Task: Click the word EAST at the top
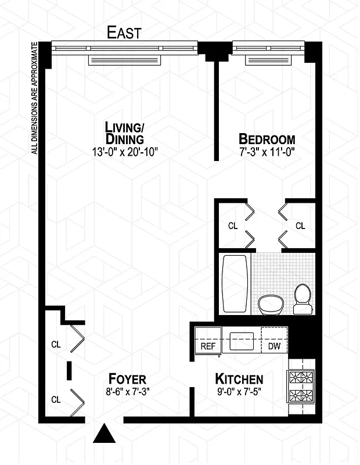pyautogui.click(x=124, y=33)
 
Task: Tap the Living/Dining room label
pyautogui.click(x=124, y=133)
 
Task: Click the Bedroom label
pyautogui.click(x=267, y=139)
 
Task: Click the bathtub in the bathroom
pyautogui.click(x=235, y=284)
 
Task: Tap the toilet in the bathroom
pyautogui.click(x=302, y=298)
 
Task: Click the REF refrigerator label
pyautogui.click(x=208, y=346)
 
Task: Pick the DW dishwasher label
pyautogui.click(x=274, y=346)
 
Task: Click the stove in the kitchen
pyautogui.click(x=301, y=388)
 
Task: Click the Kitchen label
pyautogui.click(x=239, y=378)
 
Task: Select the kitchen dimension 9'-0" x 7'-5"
pyautogui.click(x=239, y=391)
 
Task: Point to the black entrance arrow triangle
pyautogui.click(x=105, y=433)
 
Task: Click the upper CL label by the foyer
pyautogui.click(x=56, y=344)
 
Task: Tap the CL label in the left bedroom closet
pyautogui.click(x=232, y=226)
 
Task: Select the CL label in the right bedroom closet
pyautogui.click(x=300, y=226)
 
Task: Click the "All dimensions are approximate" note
pyautogui.click(x=34, y=98)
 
